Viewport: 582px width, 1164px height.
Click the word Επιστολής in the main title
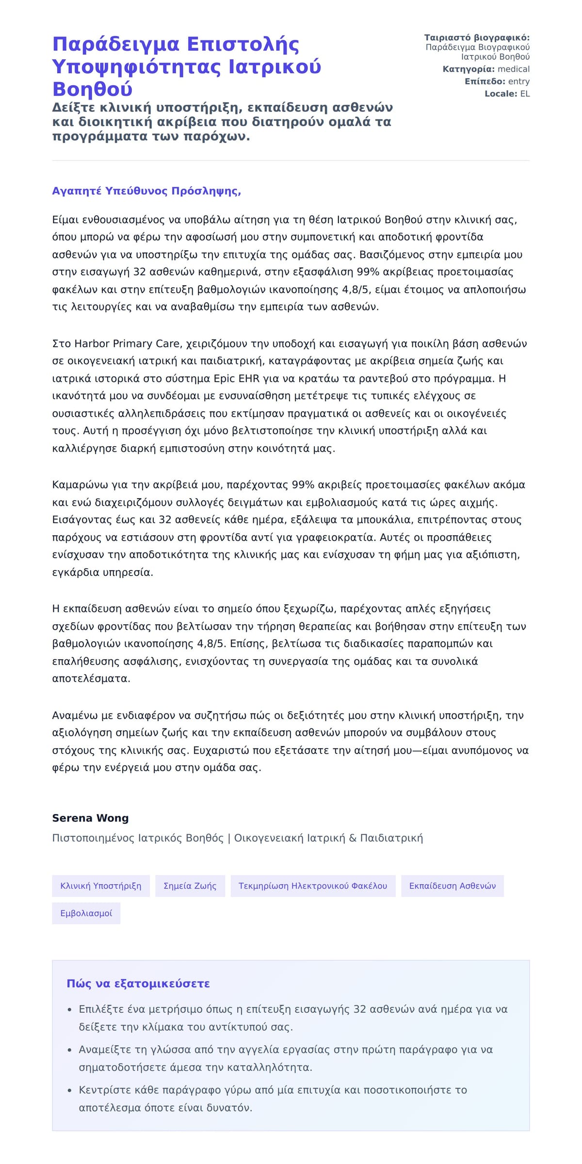tap(243, 45)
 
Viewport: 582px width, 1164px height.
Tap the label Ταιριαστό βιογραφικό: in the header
tap(477, 38)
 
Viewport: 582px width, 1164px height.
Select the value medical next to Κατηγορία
tap(514, 69)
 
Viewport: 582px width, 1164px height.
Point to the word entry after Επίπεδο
tap(518, 81)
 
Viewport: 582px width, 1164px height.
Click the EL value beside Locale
tap(525, 94)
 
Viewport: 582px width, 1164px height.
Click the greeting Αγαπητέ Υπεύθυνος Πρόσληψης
tap(146, 191)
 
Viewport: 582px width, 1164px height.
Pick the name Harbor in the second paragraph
tap(92, 344)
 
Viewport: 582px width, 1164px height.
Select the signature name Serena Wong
tap(90, 818)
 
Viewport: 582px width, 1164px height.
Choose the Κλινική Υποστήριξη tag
tap(101, 886)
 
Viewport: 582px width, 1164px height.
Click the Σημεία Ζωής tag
tap(190, 886)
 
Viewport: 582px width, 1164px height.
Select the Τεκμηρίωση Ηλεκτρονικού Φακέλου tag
tap(313, 886)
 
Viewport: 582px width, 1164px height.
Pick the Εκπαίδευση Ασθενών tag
tap(453, 886)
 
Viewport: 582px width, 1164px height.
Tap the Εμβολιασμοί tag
tap(86, 913)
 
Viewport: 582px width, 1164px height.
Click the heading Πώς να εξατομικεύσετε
tap(138, 984)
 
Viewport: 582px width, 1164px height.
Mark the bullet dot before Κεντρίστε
tap(70, 1091)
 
